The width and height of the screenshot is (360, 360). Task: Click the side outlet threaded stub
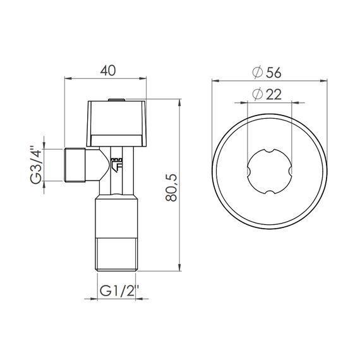(76, 165)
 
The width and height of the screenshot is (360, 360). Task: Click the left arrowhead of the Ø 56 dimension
(215, 80)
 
